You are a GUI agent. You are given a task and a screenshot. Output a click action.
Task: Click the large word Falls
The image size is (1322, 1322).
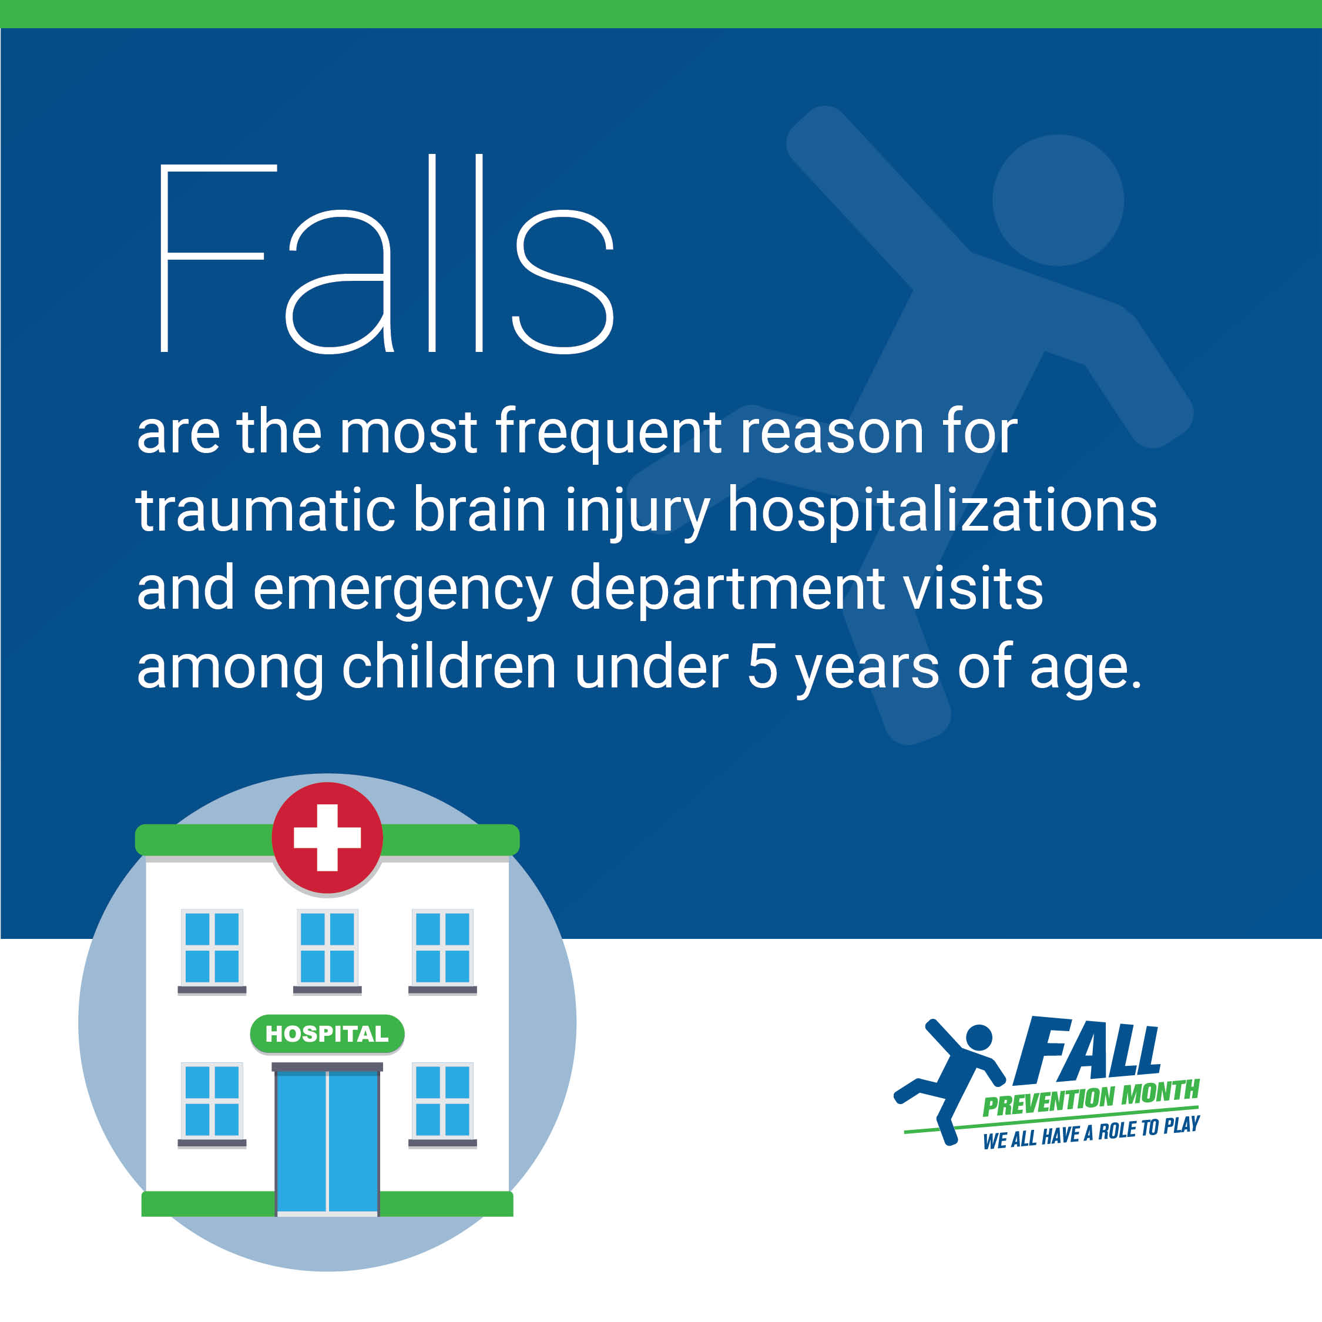[x=387, y=254]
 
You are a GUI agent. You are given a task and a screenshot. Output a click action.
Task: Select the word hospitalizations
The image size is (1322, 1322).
[x=941, y=510]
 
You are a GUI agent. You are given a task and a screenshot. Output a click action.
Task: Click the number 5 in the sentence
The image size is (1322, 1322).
[x=762, y=666]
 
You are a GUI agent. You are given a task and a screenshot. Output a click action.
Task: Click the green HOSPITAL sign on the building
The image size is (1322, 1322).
[x=327, y=1034]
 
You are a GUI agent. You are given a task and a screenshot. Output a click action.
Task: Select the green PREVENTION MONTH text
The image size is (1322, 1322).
[x=1091, y=1098]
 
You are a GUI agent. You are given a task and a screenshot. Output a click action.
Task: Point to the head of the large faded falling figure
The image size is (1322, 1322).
[x=1058, y=200]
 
